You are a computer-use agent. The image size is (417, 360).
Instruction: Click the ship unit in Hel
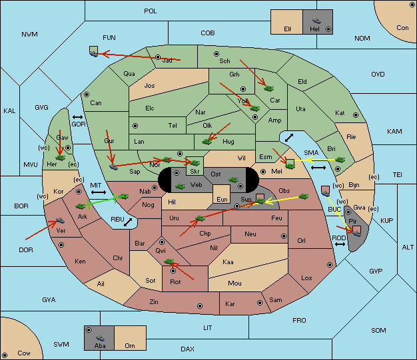click(316, 21)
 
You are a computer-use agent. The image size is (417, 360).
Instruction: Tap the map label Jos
click(149, 86)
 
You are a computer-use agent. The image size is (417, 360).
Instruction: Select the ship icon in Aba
click(101, 337)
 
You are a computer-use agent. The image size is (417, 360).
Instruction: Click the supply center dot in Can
click(87, 94)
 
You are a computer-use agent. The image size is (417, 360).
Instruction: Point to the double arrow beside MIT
click(99, 192)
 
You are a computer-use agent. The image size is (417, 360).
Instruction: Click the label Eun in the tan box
click(222, 199)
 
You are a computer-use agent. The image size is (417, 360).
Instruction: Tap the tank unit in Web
click(181, 186)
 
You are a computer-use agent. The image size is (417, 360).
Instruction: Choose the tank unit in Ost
click(234, 180)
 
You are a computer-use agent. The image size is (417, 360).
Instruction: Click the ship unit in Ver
click(61, 220)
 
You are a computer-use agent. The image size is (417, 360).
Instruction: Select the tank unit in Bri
click(340, 160)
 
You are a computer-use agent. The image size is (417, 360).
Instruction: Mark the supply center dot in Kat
click(356, 115)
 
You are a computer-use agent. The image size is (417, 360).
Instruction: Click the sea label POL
click(151, 11)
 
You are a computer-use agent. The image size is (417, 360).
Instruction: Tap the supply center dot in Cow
click(5, 355)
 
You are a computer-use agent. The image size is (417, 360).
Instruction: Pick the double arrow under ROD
click(340, 244)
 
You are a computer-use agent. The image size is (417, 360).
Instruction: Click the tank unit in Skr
click(195, 162)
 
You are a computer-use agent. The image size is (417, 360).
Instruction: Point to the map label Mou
click(234, 283)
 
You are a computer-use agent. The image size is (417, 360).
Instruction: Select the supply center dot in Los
click(330, 265)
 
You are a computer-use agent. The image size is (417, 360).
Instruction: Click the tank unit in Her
click(61, 158)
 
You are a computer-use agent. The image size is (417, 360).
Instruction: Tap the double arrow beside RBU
click(128, 222)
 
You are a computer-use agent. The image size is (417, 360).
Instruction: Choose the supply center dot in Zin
click(200, 306)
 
